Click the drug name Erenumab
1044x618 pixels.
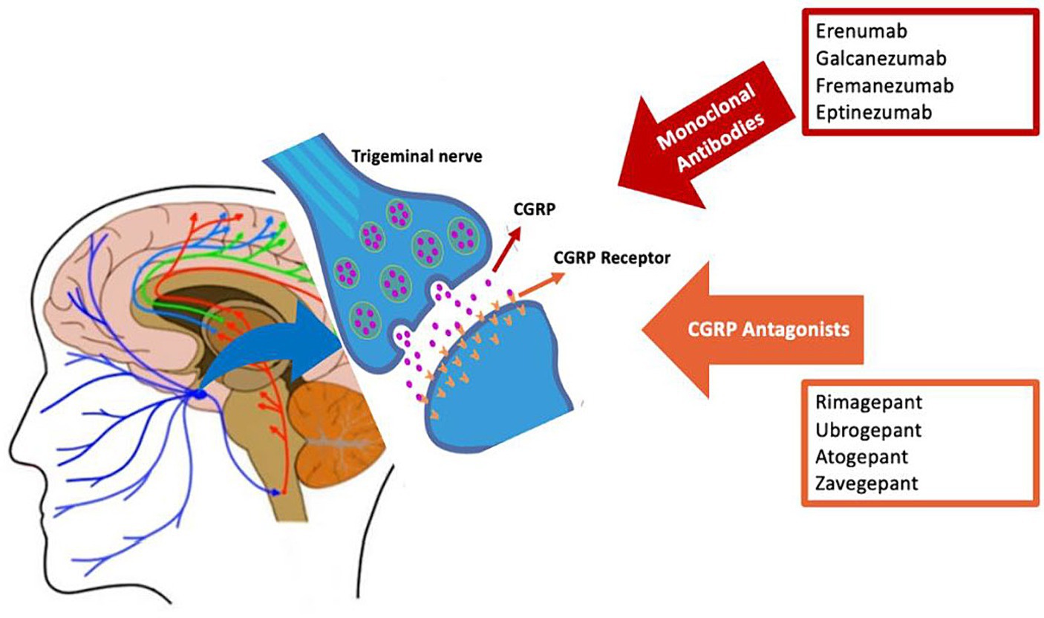pyautogui.click(x=861, y=31)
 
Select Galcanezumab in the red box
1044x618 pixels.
pyautogui.click(x=881, y=58)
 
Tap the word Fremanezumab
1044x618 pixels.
pyautogui.click(x=884, y=85)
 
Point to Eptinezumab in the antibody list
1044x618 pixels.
pyautogui.click(x=874, y=112)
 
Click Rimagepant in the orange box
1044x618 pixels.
pyautogui.click(x=869, y=402)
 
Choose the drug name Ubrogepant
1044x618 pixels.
pyautogui.click(x=868, y=430)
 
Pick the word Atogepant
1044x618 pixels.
pyautogui.click(x=862, y=457)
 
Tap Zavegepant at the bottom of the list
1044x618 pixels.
pyautogui.click(x=867, y=484)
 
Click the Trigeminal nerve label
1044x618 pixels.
pyautogui.click(x=417, y=156)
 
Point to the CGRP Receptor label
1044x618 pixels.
pyautogui.click(x=612, y=258)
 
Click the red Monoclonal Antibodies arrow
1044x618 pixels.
pyautogui.click(x=706, y=135)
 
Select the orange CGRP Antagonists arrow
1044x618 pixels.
pyautogui.click(x=753, y=330)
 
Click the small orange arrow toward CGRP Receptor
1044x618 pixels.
pyautogui.click(x=541, y=284)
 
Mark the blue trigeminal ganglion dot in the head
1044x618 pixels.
pyautogui.click(x=200, y=394)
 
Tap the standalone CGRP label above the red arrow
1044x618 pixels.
pyautogui.click(x=534, y=209)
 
